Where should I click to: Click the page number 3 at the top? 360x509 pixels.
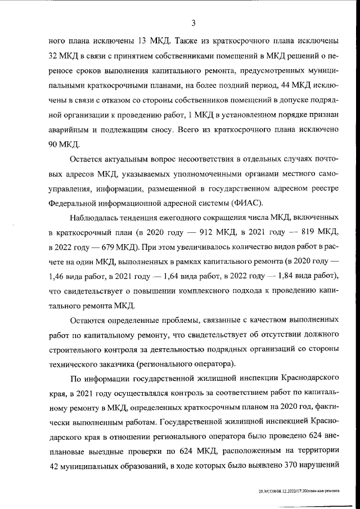tap(193, 23)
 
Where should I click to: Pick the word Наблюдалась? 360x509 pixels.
tap(96, 217)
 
